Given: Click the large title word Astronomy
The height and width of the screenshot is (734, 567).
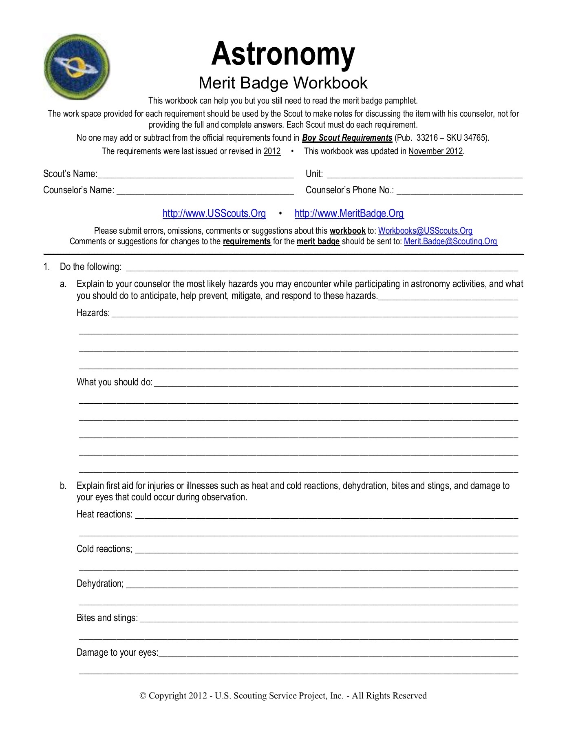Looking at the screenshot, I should click(283, 54).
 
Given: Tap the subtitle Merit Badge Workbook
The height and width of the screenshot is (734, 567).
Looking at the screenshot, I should click(283, 83).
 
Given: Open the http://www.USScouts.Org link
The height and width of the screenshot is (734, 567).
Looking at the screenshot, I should click(214, 213).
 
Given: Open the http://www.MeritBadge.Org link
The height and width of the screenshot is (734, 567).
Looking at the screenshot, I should click(349, 213).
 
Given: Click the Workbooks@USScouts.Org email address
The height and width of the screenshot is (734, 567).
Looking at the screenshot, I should click(425, 231).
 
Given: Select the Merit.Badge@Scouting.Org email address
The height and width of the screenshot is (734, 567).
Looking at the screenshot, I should click(450, 241).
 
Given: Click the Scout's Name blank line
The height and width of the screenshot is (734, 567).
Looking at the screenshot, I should click(196, 175).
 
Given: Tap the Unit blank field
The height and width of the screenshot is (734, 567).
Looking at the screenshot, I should click(424, 175).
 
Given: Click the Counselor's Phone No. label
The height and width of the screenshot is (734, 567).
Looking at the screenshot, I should click(349, 190).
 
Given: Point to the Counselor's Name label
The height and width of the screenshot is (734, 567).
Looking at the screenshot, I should click(79, 190).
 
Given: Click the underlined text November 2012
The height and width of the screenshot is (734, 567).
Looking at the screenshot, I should click(435, 151).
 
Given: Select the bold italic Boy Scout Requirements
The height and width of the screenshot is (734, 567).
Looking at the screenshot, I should click(347, 138).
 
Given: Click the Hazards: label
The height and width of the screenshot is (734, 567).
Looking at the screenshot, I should click(93, 313).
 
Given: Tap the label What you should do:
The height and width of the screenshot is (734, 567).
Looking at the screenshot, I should click(115, 382).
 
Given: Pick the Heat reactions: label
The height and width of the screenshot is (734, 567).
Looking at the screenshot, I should click(105, 514).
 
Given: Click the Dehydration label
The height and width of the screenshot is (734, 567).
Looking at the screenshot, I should click(100, 584).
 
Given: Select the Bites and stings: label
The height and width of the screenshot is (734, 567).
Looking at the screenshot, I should click(107, 618).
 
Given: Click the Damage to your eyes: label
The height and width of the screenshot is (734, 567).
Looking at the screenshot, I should click(117, 652).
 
